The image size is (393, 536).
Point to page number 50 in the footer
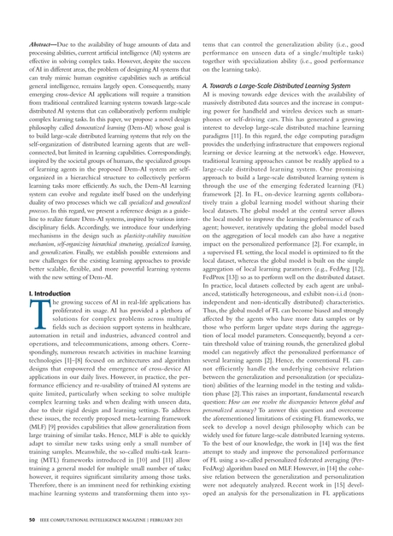32,520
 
